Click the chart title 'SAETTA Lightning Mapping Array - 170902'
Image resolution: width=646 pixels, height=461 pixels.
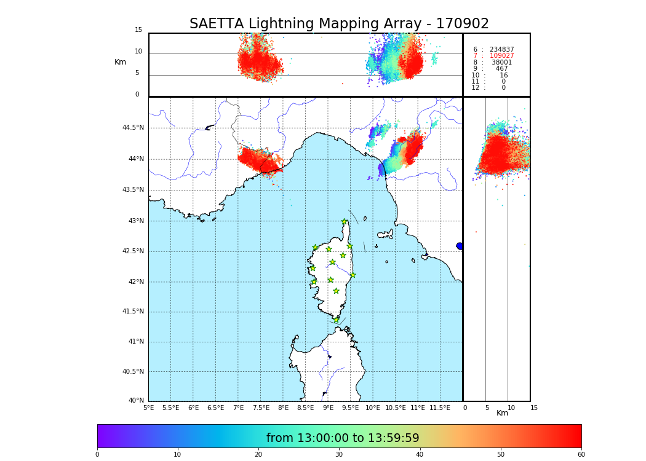point(339,24)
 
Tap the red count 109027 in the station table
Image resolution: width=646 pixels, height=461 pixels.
point(501,56)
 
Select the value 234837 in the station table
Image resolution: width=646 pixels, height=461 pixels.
point(501,50)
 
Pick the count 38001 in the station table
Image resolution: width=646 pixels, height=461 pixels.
point(501,63)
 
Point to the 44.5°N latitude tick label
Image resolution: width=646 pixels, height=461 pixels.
point(133,128)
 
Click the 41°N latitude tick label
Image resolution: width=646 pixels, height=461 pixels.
point(135,342)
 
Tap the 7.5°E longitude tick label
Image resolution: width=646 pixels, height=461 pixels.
point(261,408)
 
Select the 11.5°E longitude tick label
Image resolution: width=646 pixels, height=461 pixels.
point(440,408)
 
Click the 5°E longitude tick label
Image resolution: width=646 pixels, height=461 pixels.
point(148,408)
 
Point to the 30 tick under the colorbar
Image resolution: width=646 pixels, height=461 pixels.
point(339,455)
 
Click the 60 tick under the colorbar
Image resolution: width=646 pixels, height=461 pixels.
point(581,455)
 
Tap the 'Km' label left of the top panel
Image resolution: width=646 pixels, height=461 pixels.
point(120,62)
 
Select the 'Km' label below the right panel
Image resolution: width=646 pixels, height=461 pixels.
point(502,413)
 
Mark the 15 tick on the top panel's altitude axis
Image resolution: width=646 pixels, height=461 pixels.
point(138,30)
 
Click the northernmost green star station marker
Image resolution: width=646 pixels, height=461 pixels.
point(345,222)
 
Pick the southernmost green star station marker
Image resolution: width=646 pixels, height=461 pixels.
point(337,320)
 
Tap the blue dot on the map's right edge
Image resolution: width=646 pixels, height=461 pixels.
point(460,246)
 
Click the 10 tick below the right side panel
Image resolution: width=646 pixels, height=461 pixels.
point(511,408)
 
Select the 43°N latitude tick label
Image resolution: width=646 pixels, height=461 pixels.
point(135,221)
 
